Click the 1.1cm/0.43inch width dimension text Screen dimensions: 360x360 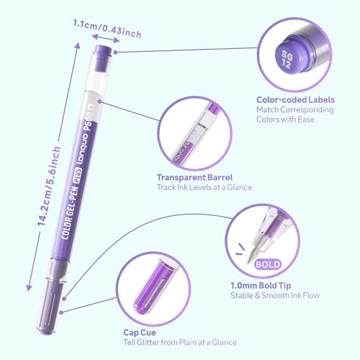point(107,29)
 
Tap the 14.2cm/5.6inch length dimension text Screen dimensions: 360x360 point(49,186)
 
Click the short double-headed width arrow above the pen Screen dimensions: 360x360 point(106,38)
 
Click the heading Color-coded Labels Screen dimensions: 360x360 point(295,100)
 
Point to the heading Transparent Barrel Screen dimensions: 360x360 point(194,178)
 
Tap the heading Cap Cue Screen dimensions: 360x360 point(140,333)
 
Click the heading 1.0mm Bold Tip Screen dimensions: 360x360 point(261,286)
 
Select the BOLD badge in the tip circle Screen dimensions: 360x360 point(268,264)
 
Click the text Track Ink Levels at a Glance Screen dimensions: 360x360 point(204,187)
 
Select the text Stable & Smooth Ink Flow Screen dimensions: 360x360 point(275,295)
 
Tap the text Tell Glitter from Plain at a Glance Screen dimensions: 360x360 point(180,343)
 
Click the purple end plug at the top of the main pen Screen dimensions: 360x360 point(104,51)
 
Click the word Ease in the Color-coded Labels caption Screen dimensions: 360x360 point(306,120)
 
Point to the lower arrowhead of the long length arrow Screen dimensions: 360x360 point(29,287)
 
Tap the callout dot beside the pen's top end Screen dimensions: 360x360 point(115,52)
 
